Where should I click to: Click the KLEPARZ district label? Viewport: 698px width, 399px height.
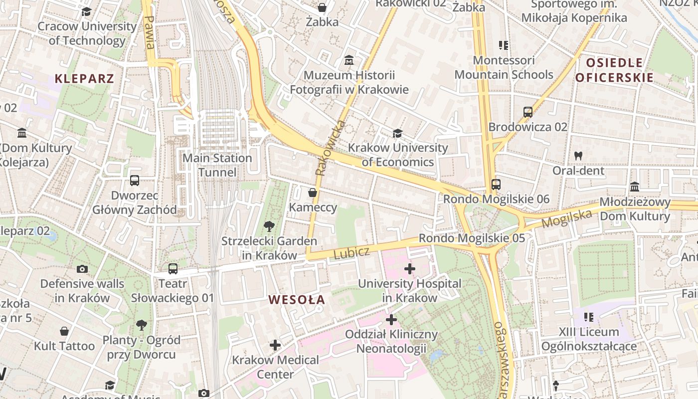(x=84, y=78)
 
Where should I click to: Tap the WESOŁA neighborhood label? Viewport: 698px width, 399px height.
(x=297, y=300)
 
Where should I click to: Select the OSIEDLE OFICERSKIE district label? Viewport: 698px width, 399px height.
(x=614, y=70)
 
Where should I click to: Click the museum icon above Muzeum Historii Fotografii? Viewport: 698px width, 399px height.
(x=349, y=60)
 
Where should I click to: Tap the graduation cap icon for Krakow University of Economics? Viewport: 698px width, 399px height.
(x=397, y=133)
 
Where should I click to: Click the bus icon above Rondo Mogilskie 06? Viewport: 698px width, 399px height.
(x=496, y=185)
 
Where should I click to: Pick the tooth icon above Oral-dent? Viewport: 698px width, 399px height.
(x=578, y=156)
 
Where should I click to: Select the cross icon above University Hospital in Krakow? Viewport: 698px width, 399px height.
(x=409, y=269)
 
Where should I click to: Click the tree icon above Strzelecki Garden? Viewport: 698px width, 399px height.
(x=269, y=226)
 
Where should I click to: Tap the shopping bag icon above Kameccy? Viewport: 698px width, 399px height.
(x=313, y=193)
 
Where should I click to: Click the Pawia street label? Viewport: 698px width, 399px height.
(x=149, y=32)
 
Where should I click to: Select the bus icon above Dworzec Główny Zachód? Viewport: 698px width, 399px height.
(x=134, y=181)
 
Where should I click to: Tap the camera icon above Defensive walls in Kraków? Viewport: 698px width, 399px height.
(x=82, y=269)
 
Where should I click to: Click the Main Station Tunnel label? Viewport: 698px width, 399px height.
(x=217, y=165)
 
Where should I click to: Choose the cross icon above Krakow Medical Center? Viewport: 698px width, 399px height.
(x=275, y=345)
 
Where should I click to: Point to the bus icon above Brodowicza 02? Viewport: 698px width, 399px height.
(x=528, y=112)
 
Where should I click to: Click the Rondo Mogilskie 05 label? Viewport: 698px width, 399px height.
(x=472, y=238)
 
